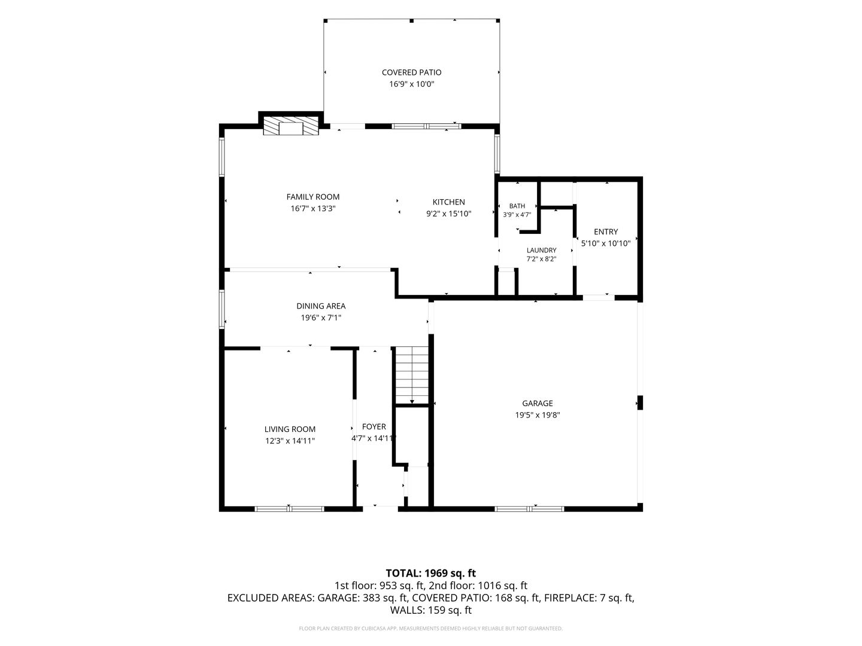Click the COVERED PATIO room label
click(411, 72)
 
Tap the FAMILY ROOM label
click(312, 197)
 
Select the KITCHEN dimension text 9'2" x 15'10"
click(448, 214)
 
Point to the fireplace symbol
click(290, 126)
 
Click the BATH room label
click(517, 206)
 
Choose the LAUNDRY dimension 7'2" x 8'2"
click(541, 259)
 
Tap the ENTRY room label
click(606, 232)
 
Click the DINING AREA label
click(321, 306)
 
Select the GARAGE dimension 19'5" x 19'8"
click(537, 415)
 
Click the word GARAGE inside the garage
click(537, 403)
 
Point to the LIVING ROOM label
click(290, 429)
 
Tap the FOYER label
click(374, 426)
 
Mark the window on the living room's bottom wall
click(289, 508)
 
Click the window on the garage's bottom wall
click(529, 508)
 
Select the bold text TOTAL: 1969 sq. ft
click(430, 573)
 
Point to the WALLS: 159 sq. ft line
click(431, 610)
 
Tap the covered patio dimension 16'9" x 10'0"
click(411, 84)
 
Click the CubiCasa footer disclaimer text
click(431, 628)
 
